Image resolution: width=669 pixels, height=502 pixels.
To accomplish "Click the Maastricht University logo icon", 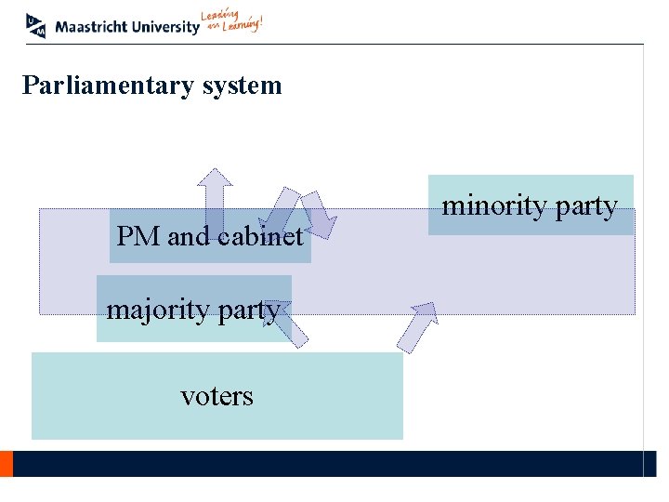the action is click(36, 25).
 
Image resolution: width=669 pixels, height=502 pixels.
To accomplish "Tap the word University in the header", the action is click(165, 27).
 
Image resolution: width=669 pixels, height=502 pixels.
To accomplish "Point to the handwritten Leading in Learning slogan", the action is click(232, 22).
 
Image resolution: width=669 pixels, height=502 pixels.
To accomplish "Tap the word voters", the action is click(216, 396).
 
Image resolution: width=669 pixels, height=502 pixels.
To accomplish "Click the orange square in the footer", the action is click(6, 464).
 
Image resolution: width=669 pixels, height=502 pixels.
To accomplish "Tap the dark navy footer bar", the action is click(325, 464).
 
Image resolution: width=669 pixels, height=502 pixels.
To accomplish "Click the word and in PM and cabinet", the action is click(189, 236).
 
